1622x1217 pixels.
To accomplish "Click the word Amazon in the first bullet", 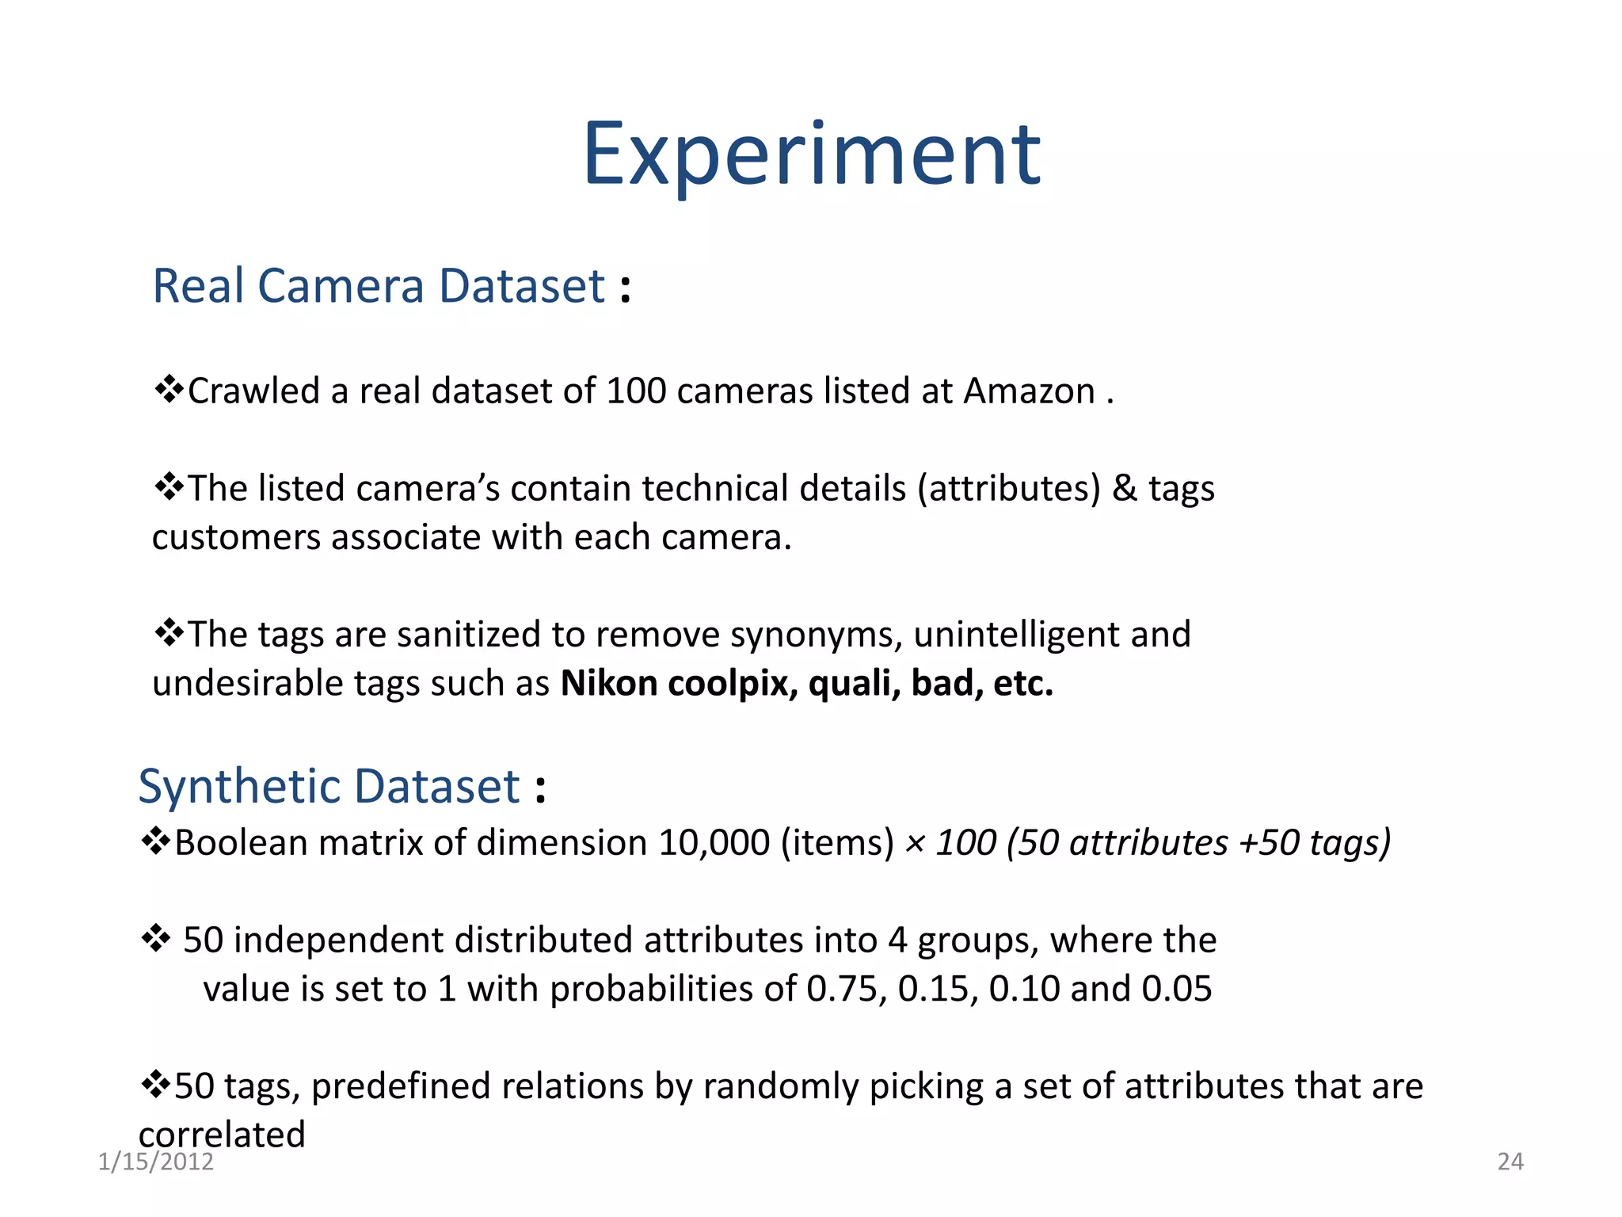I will pyautogui.click(x=1029, y=391).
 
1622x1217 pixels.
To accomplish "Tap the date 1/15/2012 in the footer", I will pyautogui.click(x=156, y=1162).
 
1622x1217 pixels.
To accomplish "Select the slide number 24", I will pyautogui.click(x=1510, y=1162).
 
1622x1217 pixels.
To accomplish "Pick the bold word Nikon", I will pyautogui.click(x=609, y=684).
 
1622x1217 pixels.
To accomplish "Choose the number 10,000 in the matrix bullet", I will pyautogui.click(x=714, y=842).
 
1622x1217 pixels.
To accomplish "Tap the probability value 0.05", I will pyautogui.click(x=1177, y=989).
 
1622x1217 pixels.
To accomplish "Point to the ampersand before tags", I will pyautogui.click(x=1125, y=488).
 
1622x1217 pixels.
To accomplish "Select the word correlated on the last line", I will pyautogui.click(x=222, y=1135).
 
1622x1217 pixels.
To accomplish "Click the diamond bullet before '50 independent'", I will pyautogui.click(x=155, y=939).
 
